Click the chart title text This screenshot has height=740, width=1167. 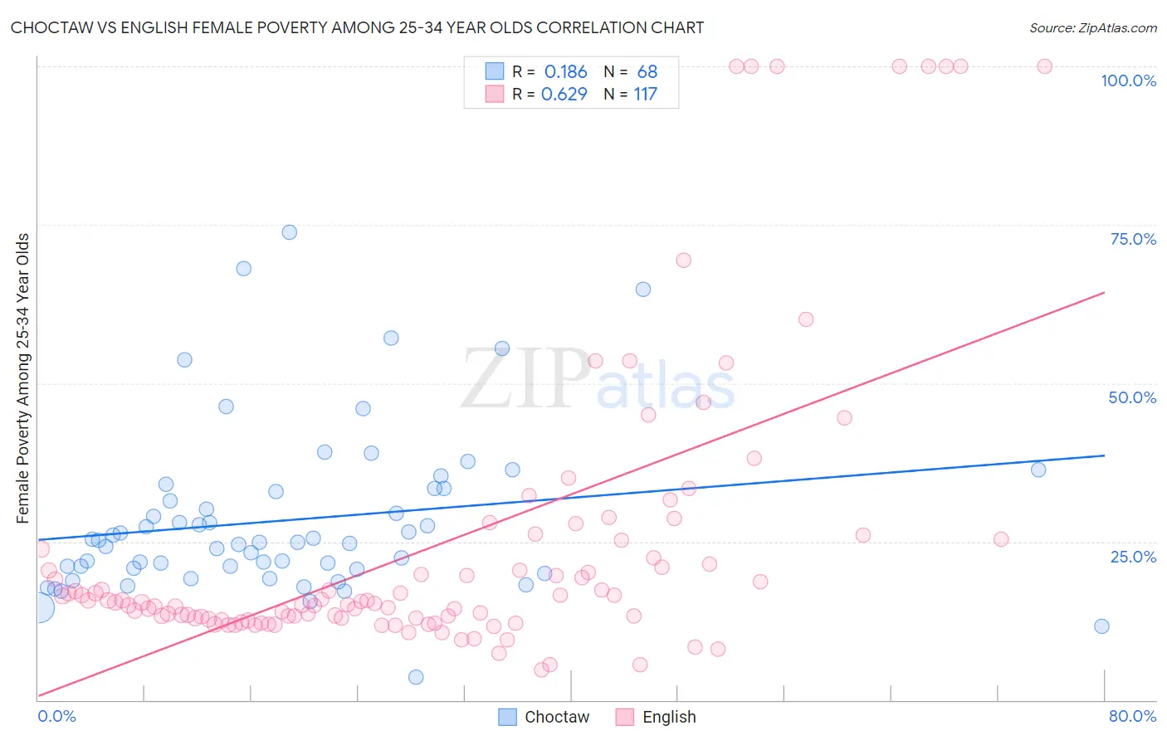coord(357,27)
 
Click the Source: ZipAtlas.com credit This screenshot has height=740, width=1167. coord(1092,27)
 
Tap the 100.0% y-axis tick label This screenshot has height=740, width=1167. coord(1128,80)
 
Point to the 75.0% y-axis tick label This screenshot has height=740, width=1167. coord(1133,239)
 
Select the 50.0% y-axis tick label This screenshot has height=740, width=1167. coord(1132,397)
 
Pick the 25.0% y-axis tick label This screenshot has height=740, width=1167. coord(1133,556)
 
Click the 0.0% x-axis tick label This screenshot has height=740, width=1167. coord(56,716)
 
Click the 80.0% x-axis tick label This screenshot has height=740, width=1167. coord(1132,716)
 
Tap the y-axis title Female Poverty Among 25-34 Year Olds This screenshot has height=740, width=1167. coord(22,378)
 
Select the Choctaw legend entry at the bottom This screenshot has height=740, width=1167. coord(544,717)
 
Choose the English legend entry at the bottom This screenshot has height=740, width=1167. coord(656,717)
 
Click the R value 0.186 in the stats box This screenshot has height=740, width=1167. coord(565,72)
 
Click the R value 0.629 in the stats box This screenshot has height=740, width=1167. coord(564,95)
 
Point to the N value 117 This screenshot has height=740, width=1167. coord(645,95)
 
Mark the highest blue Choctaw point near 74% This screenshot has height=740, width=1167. coord(289,232)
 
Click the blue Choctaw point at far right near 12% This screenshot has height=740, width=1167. coord(1101,626)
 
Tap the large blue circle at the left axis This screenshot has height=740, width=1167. coord(38,608)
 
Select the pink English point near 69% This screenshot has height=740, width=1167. coord(683,260)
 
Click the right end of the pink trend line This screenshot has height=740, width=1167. coord(1104,292)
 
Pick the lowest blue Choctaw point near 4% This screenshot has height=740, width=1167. coord(416,677)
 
